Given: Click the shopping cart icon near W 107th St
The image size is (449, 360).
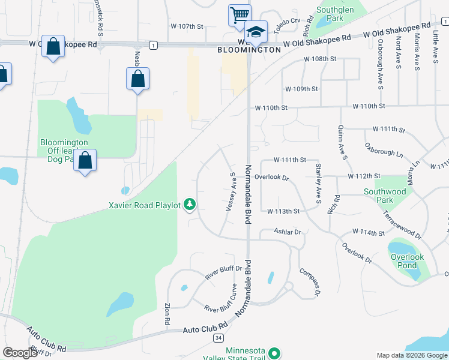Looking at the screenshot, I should (240, 14).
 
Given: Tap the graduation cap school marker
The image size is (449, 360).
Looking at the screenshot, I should (256, 31).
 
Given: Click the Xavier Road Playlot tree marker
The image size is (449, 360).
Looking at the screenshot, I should (190, 205).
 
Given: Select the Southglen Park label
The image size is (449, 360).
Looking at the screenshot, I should (330, 14).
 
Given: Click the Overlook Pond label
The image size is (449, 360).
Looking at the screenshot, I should (407, 262).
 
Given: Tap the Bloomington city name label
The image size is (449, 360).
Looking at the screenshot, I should (249, 50).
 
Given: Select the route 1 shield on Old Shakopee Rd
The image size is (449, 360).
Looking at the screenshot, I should (154, 45).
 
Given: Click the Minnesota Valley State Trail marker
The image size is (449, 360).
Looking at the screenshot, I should (274, 353).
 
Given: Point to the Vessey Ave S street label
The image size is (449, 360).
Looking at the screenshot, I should (230, 191).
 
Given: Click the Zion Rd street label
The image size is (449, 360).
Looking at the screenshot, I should (167, 316).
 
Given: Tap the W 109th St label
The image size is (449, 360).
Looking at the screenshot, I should (301, 89).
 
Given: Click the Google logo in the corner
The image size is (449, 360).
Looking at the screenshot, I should (20, 353).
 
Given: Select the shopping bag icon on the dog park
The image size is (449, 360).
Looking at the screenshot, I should (85, 161).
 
